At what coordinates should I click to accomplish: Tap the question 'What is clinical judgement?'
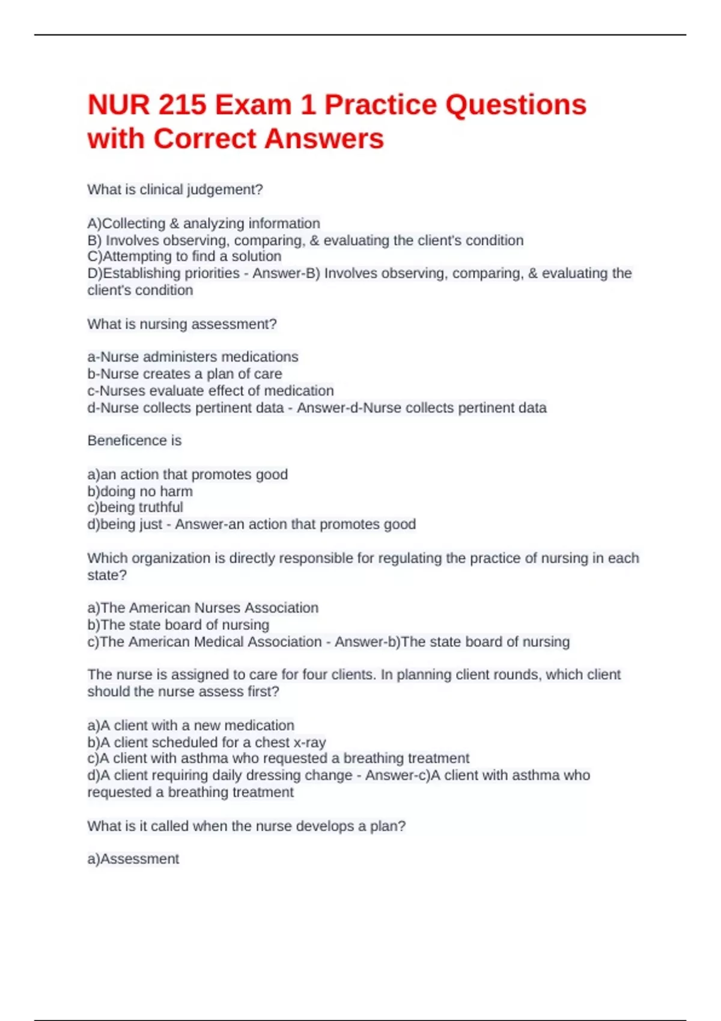175,190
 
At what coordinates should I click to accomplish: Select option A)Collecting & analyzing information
204,223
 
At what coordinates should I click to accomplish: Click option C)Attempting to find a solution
184,256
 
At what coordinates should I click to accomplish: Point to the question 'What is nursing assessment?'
182,324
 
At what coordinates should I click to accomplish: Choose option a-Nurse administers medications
193,357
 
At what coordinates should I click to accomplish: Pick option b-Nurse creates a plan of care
184,374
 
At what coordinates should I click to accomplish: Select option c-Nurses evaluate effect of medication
210,390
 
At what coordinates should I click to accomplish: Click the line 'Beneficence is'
135,441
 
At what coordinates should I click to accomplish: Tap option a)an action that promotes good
187,474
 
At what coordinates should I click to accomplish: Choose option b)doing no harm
140,491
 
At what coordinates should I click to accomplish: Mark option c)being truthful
135,507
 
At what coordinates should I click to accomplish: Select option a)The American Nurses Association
203,608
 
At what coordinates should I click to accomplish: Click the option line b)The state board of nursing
178,625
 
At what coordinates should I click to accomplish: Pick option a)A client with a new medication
191,726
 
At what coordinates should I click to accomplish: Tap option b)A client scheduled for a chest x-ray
207,742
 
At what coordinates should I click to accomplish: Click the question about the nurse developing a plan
246,826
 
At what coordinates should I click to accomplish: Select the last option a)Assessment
133,859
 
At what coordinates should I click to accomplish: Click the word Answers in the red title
324,139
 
